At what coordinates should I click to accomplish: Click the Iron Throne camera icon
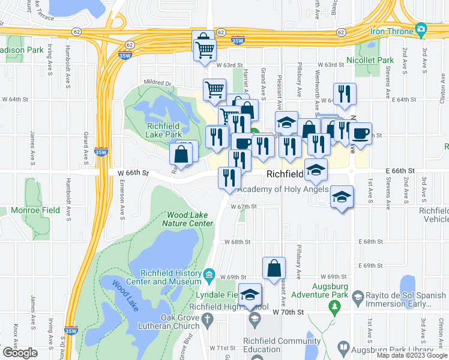coord(421,29)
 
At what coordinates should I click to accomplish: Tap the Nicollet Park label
coord(370,60)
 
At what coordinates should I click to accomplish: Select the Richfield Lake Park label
coord(169,130)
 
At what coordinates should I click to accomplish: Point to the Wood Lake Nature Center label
coord(190,219)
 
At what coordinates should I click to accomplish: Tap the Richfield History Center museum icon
coord(209,275)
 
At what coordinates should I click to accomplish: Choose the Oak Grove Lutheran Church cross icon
coord(208,319)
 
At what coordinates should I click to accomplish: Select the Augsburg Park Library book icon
coord(343,347)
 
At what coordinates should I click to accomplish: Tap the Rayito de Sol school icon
coord(358,296)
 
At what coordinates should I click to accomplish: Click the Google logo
coord(20,353)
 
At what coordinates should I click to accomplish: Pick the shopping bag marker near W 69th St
coord(274,269)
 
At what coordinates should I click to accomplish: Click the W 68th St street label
coord(237,242)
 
